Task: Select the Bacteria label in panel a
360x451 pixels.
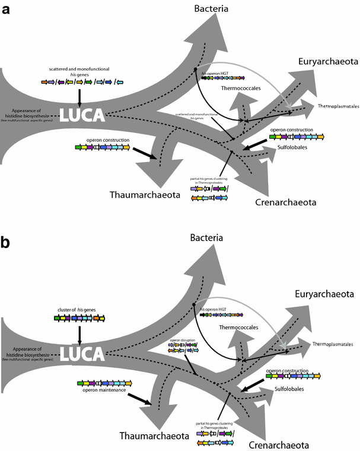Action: tap(215, 8)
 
